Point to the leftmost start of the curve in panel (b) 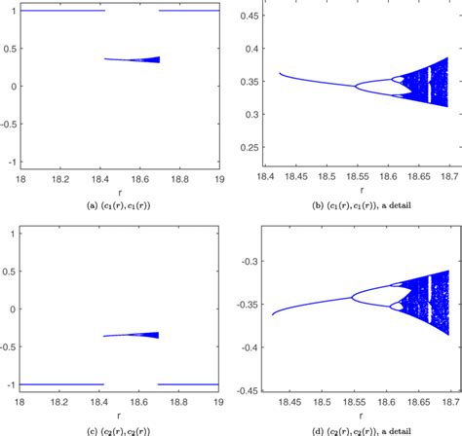coord(280,73)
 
